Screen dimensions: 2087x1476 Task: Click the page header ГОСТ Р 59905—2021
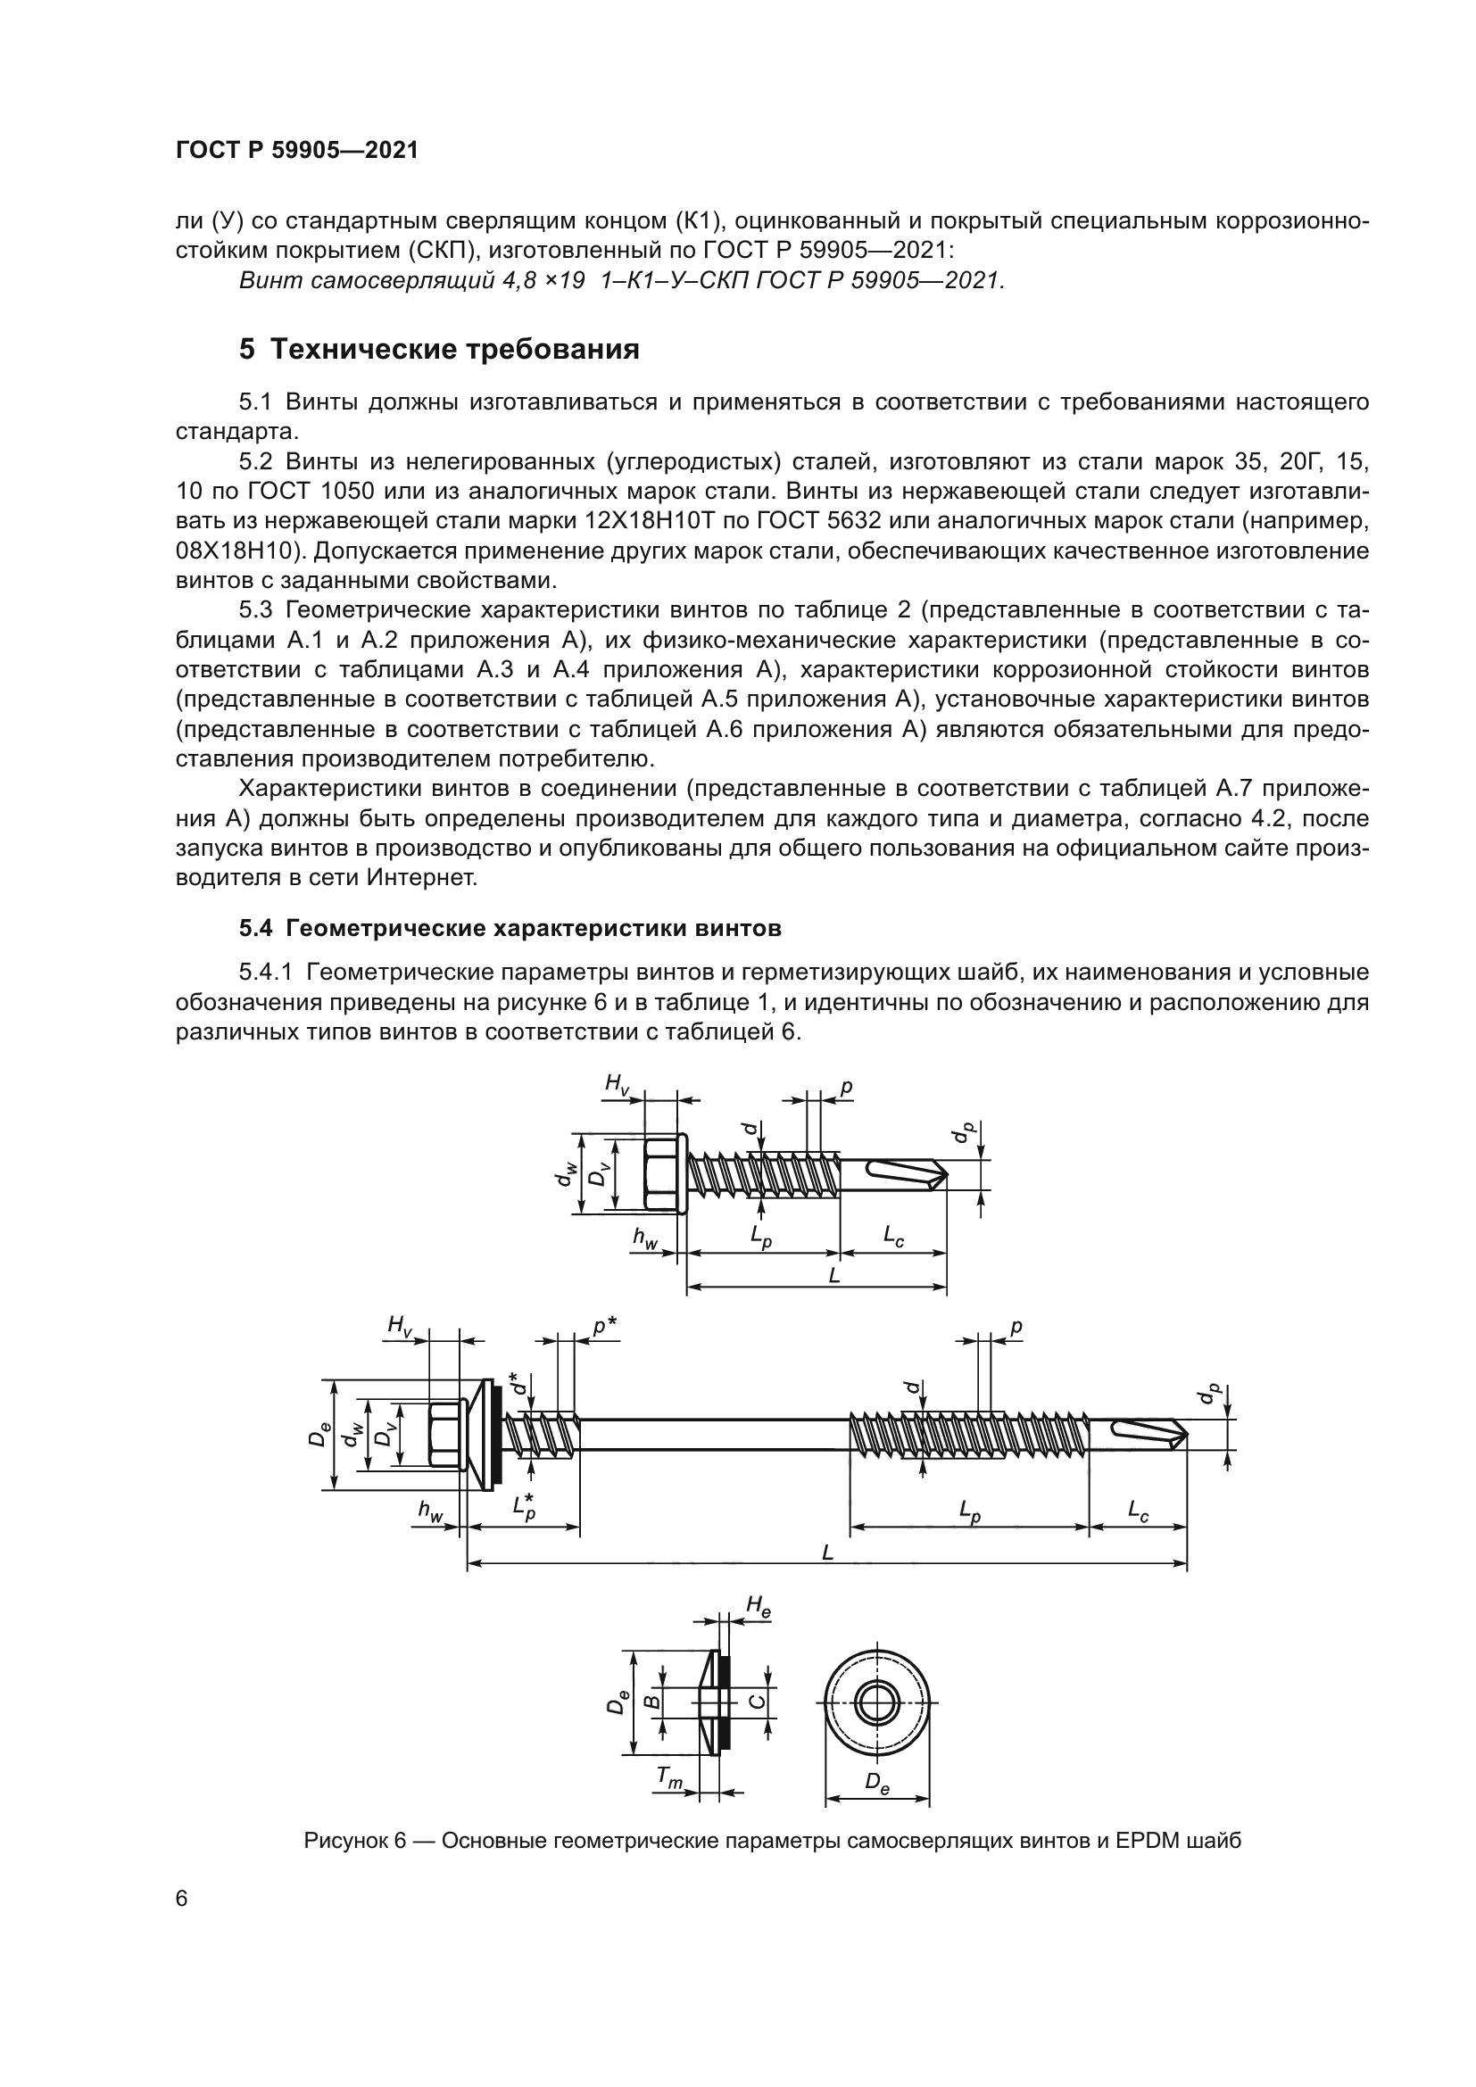point(296,151)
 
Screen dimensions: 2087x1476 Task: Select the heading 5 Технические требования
point(439,349)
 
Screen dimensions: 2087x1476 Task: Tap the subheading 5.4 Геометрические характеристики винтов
point(510,928)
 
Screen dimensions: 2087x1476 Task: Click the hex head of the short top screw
point(662,1172)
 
